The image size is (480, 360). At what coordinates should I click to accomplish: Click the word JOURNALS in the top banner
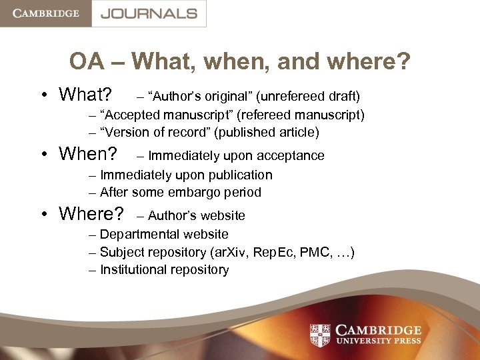click(x=149, y=13)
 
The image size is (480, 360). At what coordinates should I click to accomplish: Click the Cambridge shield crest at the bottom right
click(x=321, y=335)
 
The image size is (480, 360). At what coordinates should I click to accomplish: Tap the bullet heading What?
click(x=85, y=95)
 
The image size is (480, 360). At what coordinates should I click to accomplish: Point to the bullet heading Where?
click(x=91, y=214)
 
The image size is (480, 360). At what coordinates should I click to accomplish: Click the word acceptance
click(x=292, y=156)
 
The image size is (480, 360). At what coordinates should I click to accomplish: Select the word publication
click(x=240, y=175)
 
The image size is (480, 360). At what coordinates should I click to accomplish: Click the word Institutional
click(x=131, y=269)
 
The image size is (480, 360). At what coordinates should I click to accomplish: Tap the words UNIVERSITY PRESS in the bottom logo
click(x=379, y=341)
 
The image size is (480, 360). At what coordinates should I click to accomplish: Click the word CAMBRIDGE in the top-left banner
click(x=45, y=13)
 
